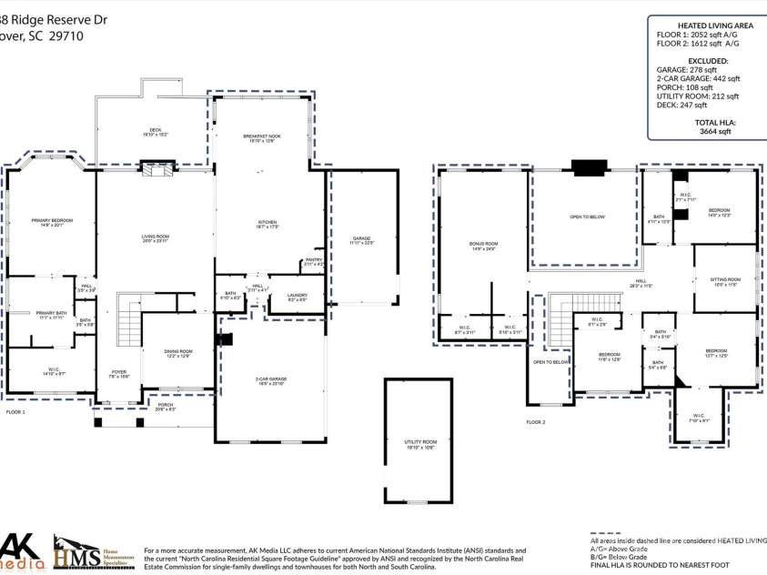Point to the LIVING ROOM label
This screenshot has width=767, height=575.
[x=156, y=238]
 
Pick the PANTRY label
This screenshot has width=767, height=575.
[x=314, y=261]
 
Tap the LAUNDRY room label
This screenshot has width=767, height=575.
[x=296, y=296]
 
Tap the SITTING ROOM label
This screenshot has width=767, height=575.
[x=725, y=281]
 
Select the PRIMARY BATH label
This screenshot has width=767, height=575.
[x=43, y=315]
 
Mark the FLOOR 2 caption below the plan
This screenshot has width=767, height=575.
[x=535, y=422]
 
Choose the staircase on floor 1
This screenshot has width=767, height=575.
[x=130, y=318]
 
